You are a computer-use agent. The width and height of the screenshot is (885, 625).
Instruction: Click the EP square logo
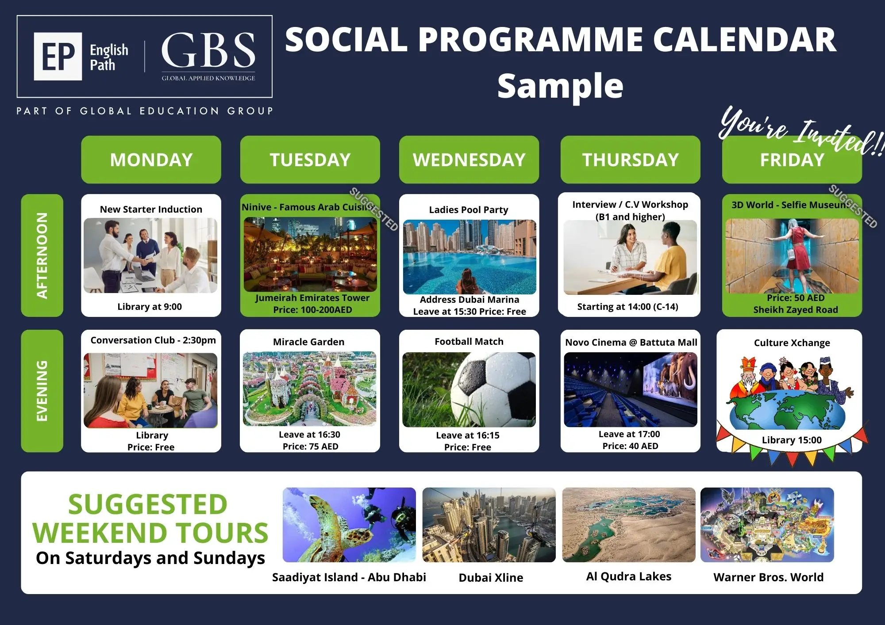[58, 56]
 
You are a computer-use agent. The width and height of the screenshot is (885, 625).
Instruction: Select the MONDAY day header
[151, 160]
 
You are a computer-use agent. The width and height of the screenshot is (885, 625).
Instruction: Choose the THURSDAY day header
[630, 160]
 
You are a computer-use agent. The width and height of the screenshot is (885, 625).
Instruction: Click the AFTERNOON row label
[42, 255]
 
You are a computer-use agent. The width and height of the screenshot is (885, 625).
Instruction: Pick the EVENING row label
[42, 391]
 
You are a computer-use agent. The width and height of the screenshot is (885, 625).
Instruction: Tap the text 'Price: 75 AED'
[311, 446]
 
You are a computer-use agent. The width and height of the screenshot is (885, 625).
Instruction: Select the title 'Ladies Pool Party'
[469, 210]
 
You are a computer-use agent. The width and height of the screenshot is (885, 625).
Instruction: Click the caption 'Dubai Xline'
[491, 578]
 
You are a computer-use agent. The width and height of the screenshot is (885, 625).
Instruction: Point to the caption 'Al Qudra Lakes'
[629, 576]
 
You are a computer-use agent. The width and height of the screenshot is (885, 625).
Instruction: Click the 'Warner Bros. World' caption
[769, 577]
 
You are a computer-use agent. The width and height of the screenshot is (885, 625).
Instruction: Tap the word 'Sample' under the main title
[560, 86]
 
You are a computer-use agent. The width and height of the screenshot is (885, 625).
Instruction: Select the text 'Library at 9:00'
[150, 307]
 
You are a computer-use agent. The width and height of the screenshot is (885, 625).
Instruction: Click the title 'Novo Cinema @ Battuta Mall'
[631, 343]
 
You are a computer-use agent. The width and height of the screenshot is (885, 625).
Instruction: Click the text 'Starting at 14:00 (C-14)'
[627, 307]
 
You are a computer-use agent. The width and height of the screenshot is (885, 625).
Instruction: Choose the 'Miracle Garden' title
[308, 342]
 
